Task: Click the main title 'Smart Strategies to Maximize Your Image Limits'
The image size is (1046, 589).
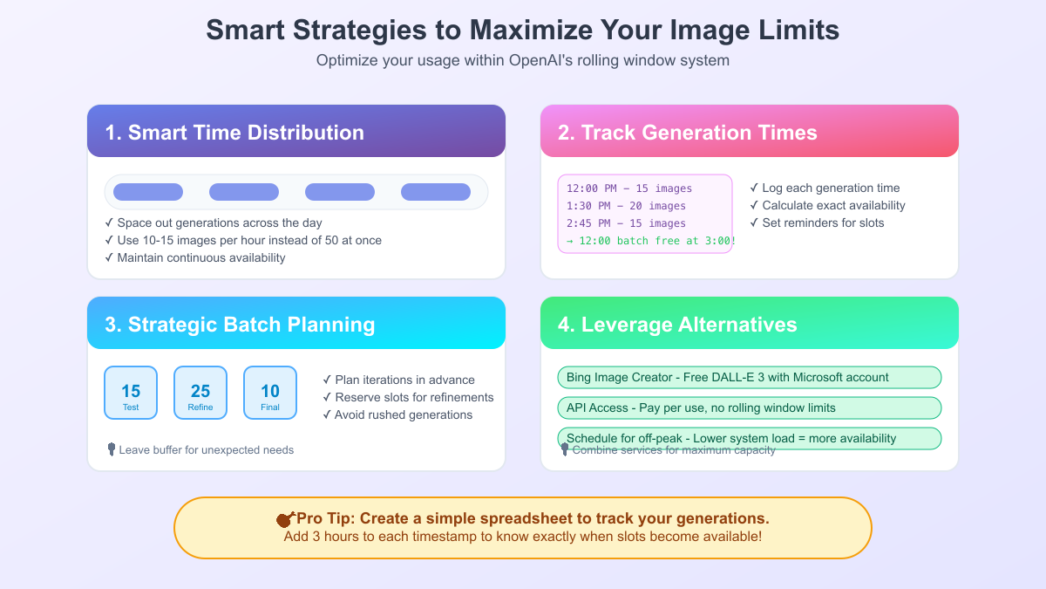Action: coord(522,30)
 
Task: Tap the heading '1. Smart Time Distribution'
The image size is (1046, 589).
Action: coord(234,133)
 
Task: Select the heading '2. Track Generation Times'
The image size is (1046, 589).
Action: coord(687,133)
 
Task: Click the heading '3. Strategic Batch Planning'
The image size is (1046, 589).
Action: coord(240,325)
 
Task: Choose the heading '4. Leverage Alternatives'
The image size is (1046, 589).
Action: coord(677,325)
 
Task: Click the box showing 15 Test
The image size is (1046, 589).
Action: coord(131,393)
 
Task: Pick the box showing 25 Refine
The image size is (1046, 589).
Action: coord(200,393)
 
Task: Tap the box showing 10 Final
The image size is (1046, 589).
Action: coord(270,393)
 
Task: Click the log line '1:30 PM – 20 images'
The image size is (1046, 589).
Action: coord(626,206)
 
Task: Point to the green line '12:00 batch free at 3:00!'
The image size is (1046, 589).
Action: coord(650,241)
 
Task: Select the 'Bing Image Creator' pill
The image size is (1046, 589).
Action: coord(749,377)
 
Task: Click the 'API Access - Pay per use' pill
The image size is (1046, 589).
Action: coord(749,408)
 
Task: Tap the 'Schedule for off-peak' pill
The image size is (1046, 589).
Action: coord(749,437)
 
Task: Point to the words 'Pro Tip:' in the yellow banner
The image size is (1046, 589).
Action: coord(323,518)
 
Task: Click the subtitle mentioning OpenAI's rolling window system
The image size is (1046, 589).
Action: coord(522,61)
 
